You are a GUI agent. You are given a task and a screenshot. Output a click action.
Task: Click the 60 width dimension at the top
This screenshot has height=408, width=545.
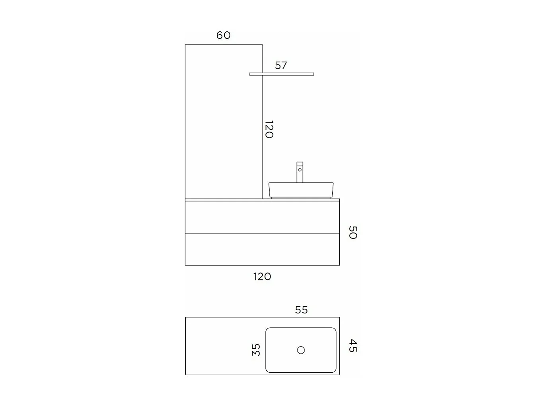[x=223, y=35]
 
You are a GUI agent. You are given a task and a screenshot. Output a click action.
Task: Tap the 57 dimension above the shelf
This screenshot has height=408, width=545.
[x=281, y=66]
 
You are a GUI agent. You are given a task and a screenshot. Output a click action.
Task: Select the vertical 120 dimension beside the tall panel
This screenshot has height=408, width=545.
[x=269, y=129]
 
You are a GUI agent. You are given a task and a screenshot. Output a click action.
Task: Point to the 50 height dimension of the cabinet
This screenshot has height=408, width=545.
[x=353, y=232]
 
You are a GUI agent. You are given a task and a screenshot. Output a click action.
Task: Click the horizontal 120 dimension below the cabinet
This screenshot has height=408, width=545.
[x=262, y=277]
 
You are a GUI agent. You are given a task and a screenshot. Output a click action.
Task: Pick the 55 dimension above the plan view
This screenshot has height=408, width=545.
[x=301, y=310]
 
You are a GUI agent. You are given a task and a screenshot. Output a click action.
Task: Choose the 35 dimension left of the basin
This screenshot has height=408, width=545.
[x=256, y=350]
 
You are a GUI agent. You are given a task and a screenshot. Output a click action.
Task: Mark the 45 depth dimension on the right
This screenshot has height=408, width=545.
[x=353, y=346]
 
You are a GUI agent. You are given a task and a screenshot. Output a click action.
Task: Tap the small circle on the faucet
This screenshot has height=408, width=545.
[x=300, y=170]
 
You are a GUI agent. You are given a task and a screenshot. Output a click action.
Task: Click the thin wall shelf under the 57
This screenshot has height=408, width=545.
[x=281, y=74]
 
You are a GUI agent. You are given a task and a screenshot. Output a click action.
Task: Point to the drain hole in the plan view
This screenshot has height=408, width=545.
[x=301, y=350]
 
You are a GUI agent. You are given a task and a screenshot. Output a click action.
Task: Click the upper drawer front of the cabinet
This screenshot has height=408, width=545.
[x=262, y=217]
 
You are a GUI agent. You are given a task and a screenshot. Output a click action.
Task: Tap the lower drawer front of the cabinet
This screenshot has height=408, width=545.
[x=262, y=249]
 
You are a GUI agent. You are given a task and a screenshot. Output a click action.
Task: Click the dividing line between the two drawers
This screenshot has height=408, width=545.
[x=262, y=233]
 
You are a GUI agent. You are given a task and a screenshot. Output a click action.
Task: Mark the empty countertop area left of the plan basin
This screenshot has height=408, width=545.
[x=225, y=346]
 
